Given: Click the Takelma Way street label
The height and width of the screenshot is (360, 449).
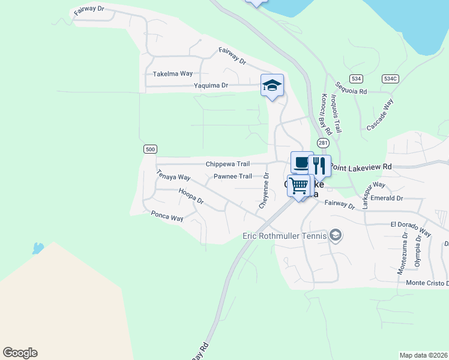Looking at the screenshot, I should (x=173, y=74).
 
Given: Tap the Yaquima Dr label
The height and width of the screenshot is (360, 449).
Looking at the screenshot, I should (x=211, y=86).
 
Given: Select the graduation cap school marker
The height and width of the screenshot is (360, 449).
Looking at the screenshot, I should (x=272, y=86).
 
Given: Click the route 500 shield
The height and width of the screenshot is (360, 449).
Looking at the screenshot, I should (x=150, y=149).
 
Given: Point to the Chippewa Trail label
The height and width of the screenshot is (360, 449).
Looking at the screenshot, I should (x=228, y=164).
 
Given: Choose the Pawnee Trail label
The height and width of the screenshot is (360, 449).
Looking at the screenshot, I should (x=233, y=176).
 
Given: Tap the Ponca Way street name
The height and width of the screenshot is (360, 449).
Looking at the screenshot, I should (x=167, y=216).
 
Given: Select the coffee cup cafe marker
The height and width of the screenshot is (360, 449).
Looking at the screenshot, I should (x=301, y=163).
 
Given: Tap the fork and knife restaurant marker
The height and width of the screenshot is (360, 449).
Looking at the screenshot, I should (x=319, y=166).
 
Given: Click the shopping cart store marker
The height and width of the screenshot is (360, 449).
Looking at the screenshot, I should (x=299, y=185).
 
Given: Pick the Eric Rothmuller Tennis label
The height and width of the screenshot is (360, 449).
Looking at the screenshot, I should (x=284, y=236).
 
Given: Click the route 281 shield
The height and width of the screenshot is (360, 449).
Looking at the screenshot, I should (x=323, y=143).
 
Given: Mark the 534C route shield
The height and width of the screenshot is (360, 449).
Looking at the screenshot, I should (x=390, y=79).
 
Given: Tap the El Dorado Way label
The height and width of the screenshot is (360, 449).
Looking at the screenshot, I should (x=411, y=227).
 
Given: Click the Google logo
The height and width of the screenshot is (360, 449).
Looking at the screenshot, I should (x=20, y=353).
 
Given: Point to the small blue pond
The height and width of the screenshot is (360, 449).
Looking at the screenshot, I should (x=38, y=248).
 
